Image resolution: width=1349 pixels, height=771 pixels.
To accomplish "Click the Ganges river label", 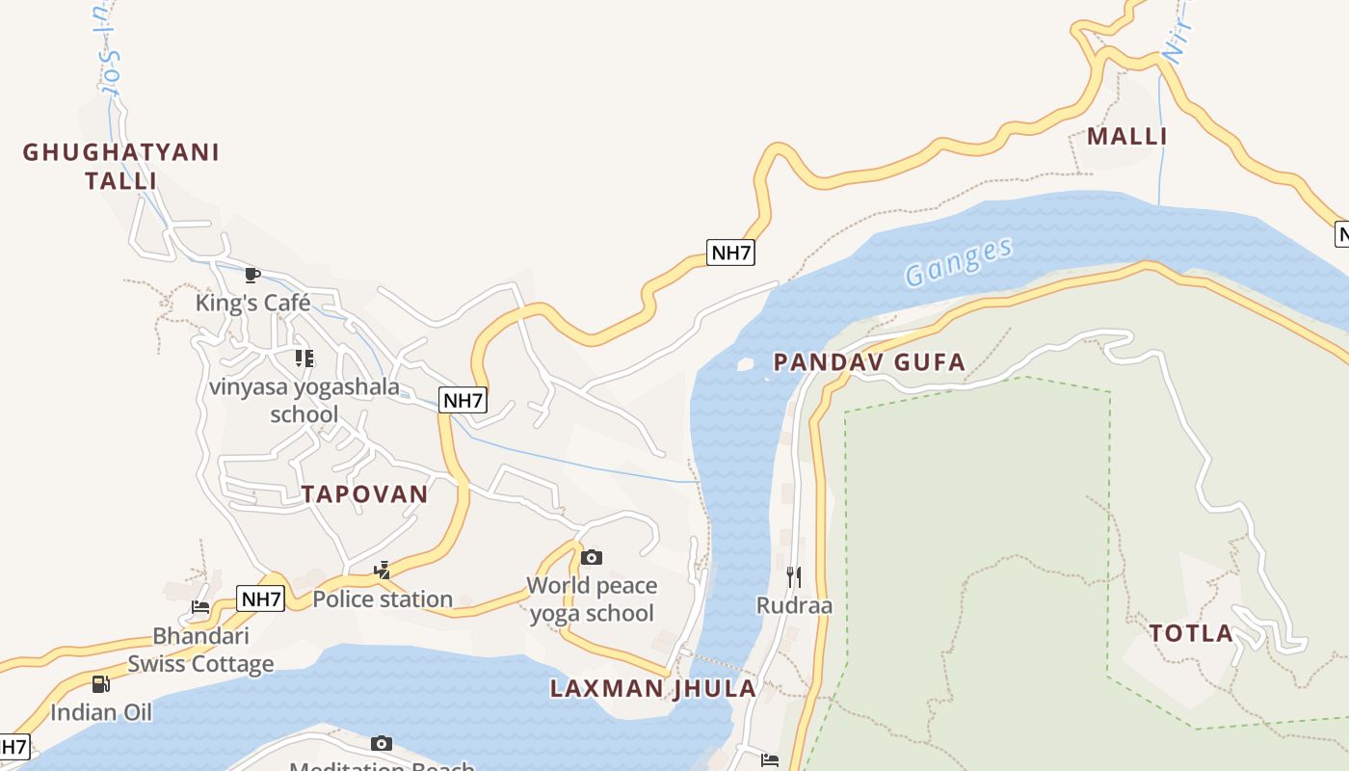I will click(x=959, y=262).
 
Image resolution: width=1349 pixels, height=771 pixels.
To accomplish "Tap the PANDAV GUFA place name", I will click(x=869, y=362).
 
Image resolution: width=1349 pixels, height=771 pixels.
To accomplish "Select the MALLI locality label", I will click(x=1126, y=137).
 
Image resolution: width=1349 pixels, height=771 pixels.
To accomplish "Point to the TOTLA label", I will click(x=1191, y=633).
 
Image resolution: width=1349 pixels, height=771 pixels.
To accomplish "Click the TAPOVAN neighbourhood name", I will click(x=364, y=494).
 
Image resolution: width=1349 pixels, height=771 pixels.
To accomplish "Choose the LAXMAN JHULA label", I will click(x=653, y=688).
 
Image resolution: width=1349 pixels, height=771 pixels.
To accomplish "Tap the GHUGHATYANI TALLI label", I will click(x=121, y=166).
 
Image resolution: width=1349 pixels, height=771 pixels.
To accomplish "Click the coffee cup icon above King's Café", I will click(x=252, y=275).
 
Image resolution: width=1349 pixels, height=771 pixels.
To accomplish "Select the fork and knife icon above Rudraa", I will click(x=794, y=576).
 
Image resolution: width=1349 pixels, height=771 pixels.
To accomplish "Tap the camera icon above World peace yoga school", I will click(x=592, y=557).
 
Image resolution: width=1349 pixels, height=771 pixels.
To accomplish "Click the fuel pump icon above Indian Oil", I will click(x=100, y=684).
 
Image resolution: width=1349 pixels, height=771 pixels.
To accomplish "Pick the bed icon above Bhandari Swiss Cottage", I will click(x=200, y=607).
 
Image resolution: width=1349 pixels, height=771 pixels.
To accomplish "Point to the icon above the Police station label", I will click(x=382, y=571).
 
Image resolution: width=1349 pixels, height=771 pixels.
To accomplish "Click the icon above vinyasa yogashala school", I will click(x=304, y=359).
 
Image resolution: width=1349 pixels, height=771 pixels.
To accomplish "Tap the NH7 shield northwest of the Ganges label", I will click(x=730, y=253).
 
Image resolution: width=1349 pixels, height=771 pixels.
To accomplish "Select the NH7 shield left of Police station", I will click(x=260, y=598).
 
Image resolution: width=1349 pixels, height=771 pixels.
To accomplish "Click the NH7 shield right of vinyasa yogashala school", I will click(x=463, y=400).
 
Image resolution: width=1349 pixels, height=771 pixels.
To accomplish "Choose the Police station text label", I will click(x=383, y=598).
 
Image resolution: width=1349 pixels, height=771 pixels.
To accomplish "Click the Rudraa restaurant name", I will click(x=794, y=605).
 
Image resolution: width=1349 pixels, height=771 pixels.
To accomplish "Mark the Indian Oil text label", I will click(x=101, y=712).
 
